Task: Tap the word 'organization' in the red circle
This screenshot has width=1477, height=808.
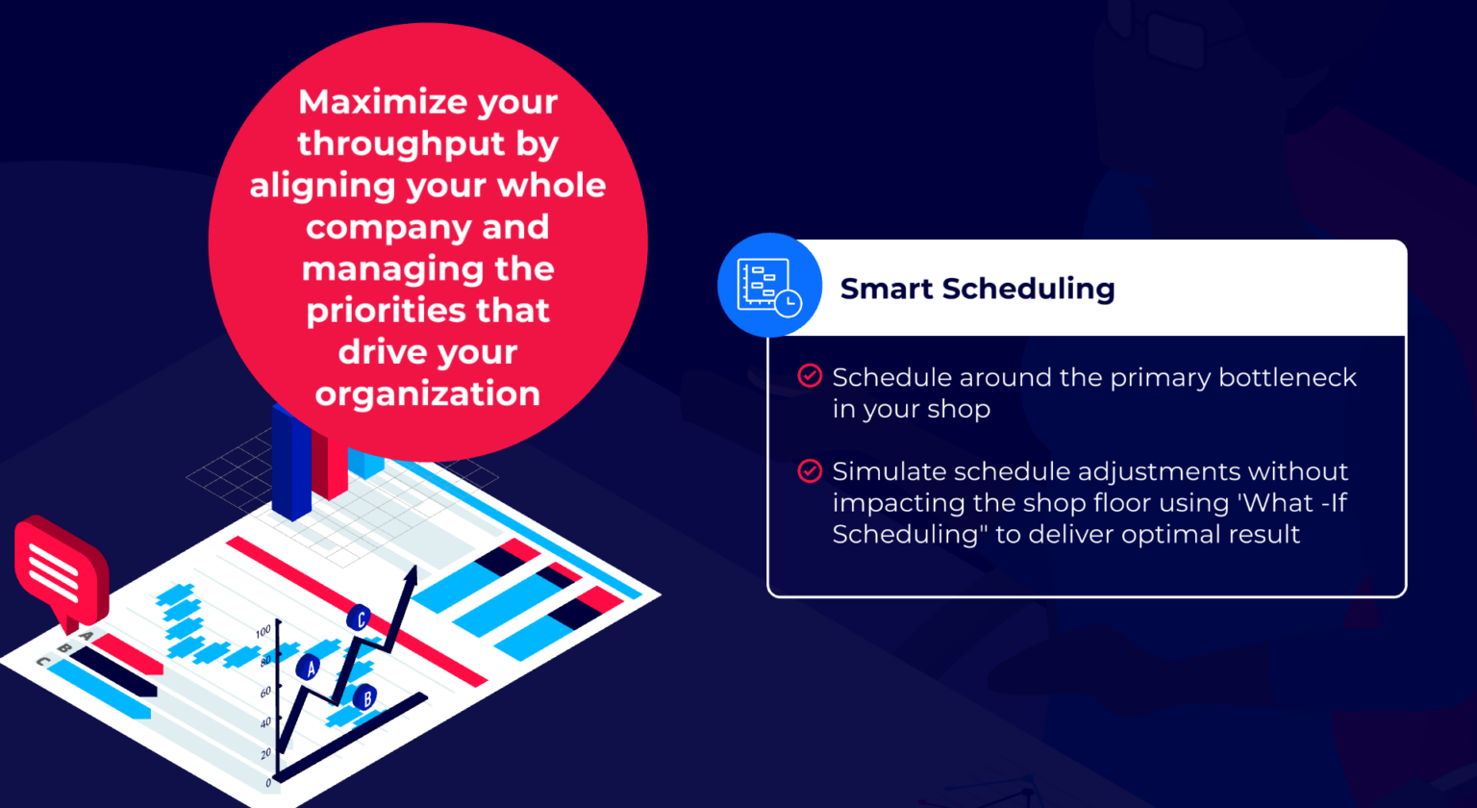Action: (428, 394)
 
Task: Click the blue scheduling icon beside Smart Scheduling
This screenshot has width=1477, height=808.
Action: (769, 286)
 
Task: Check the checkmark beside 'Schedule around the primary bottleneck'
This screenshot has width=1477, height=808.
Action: (810, 376)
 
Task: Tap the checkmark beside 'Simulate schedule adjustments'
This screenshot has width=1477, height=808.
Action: (810, 471)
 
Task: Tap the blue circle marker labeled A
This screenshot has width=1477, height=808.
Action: (309, 668)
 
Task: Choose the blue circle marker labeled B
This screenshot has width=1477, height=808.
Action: (363, 698)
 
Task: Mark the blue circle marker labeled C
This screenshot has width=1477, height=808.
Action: (360, 619)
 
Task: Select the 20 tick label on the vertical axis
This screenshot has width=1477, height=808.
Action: (266, 753)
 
